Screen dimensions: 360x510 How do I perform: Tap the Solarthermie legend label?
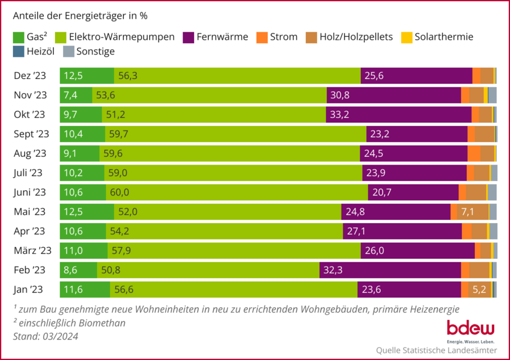pos(443,37)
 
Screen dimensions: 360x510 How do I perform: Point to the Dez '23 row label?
pos(31,76)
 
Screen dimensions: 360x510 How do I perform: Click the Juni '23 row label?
pos(30,192)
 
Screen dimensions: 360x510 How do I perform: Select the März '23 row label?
pos(33,251)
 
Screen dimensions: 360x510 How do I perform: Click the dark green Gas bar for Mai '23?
pos(87,212)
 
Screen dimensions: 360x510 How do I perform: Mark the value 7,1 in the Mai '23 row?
pos(467,212)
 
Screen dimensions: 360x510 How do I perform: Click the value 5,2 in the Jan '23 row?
pos(479,289)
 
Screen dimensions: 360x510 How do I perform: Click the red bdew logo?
pos(470,329)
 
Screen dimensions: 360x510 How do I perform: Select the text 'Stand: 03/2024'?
pos(45,336)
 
